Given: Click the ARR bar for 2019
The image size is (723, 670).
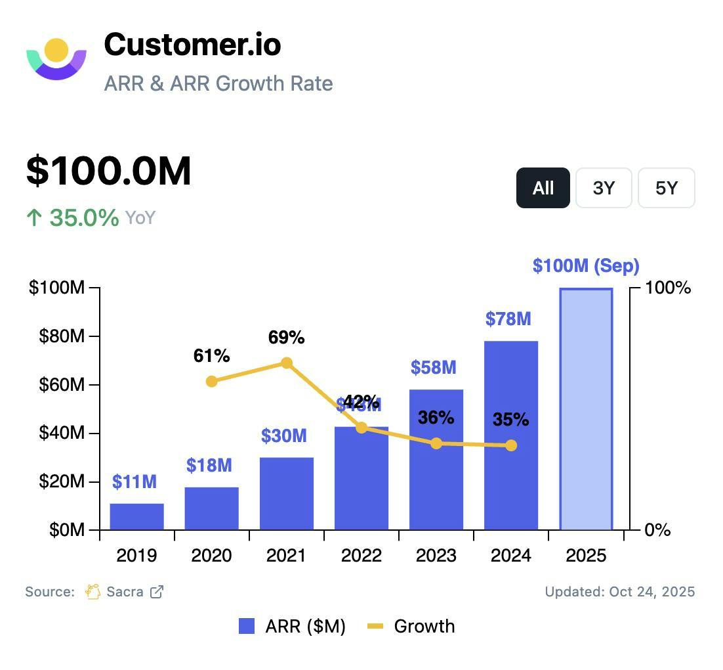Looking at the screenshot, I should [136, 516].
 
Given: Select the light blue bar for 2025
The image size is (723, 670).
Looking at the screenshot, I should [586, 409].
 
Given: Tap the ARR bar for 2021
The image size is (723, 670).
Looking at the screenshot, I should [286, 493].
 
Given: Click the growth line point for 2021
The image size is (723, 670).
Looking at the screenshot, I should [287, 363].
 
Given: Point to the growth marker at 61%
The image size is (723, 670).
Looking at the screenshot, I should [211, 382].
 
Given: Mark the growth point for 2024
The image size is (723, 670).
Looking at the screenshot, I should [511, 445].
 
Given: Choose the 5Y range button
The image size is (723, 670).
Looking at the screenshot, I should [666, 189].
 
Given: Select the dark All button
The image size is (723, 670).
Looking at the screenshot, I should [543, 189].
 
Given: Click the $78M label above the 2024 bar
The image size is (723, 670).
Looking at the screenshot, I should [508, 319].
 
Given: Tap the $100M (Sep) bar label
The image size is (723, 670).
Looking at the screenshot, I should [586, 266].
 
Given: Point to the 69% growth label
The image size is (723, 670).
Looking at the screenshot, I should [287, 338].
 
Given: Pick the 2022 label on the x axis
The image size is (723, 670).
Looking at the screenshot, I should [361, 556].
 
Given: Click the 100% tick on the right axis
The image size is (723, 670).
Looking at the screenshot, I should [668, 288].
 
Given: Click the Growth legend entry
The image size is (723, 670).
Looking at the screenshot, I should [412, 627].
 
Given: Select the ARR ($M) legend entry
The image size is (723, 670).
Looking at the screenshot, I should [293, 627].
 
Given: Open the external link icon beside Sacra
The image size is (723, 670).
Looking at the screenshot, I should [157, 592].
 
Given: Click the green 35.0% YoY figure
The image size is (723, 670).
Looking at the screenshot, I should [84, 217].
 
